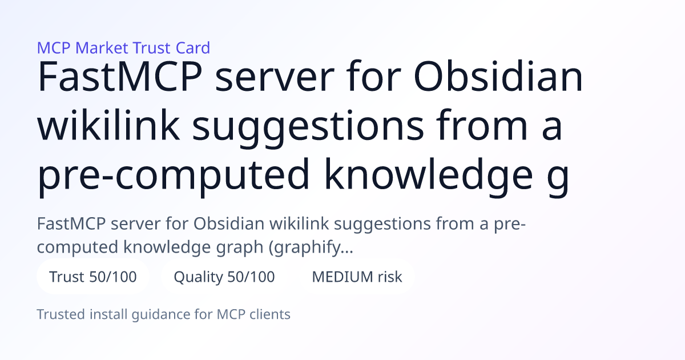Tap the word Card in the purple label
click(193, 48)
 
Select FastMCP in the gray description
click(71, 223)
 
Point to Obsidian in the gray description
click(229, 223)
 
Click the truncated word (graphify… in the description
click(311, 247)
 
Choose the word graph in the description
click(239, 248)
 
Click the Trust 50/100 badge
click(93, 277)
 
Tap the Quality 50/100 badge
click(224, 277)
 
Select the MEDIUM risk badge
click(357, 277)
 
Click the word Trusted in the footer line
click(61, 314)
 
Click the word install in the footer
click(108, 314)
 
